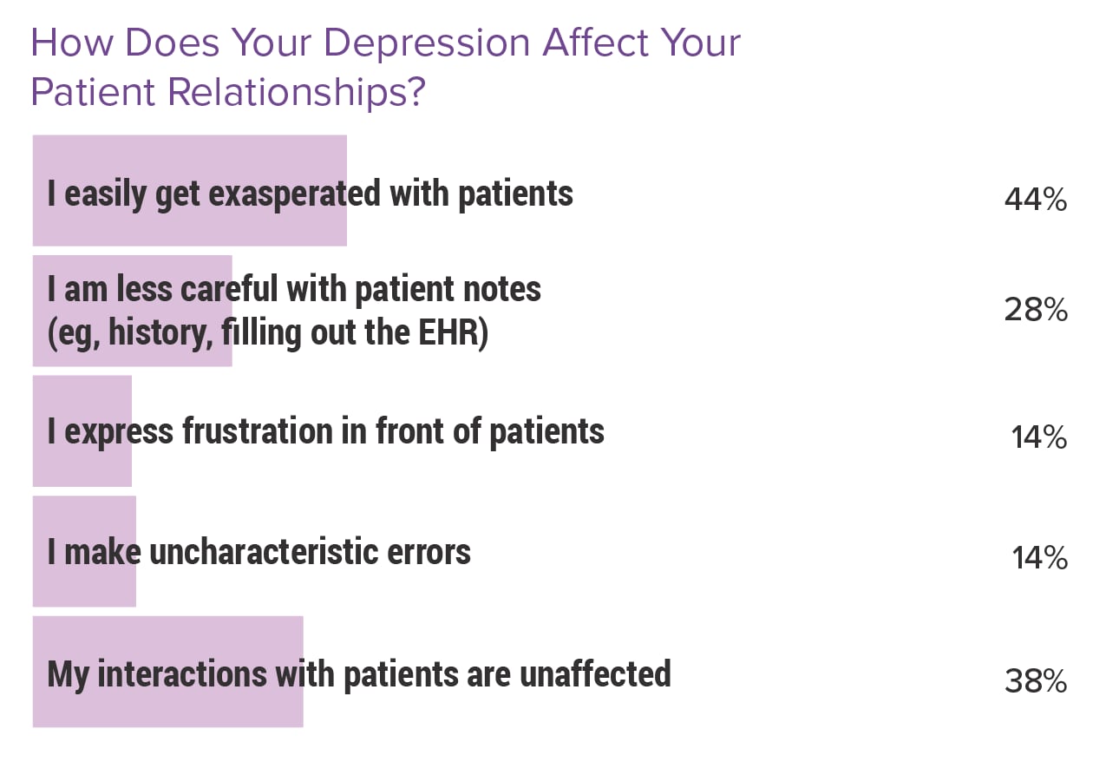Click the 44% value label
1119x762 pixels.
[1035, 200]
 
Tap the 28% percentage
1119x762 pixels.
[1036, 310]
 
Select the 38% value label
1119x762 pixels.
[1035, 682]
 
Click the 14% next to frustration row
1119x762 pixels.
[1038, 438]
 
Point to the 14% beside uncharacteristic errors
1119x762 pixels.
[1039, 558]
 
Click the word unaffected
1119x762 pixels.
[596, 673]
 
